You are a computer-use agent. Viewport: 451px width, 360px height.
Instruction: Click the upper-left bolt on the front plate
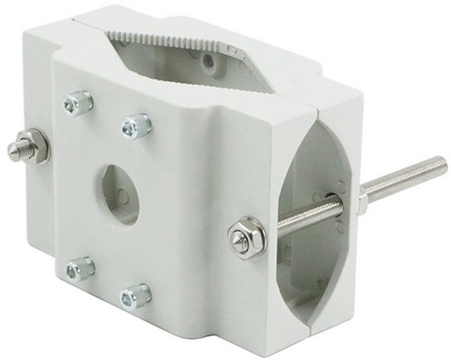78,103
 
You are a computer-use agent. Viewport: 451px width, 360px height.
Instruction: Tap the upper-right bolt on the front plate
136,125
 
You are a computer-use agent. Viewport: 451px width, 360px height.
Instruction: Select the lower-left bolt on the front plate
80,267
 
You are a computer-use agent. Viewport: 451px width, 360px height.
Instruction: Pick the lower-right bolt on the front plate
134,295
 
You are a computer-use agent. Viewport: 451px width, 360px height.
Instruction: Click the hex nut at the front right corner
244,238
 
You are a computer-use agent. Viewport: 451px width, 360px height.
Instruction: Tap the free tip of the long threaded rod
443,165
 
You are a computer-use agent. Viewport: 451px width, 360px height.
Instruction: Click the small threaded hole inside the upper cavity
211,61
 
